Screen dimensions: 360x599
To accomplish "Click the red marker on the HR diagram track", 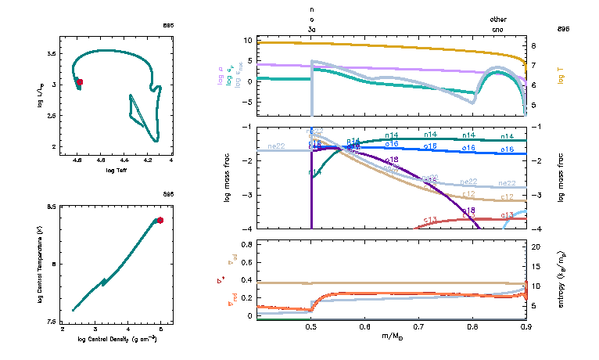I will point(79,81).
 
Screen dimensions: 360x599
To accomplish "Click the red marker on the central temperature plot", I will point(160,221).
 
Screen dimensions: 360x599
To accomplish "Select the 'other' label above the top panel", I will point(497,19).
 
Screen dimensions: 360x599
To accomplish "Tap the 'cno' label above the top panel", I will point(497,29).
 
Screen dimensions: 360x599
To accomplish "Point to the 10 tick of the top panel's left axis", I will point(246,40).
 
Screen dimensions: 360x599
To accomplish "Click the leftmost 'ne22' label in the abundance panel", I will point(275,146).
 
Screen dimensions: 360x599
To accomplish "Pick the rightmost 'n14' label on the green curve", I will point(507,136).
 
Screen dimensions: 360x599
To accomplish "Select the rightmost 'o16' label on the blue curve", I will point(507,149).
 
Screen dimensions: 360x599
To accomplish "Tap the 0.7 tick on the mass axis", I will point(418,329).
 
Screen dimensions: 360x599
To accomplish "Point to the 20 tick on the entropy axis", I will point(536,247).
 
